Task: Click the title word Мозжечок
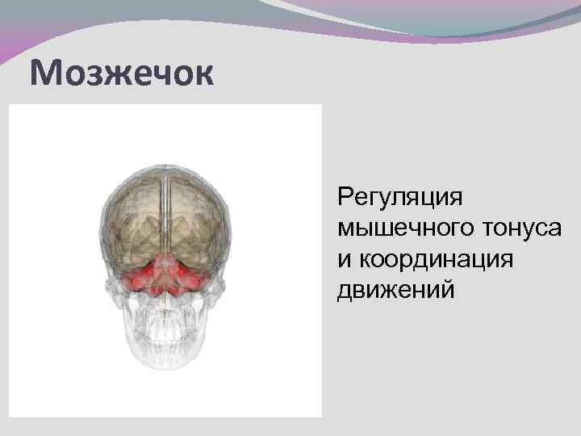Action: (x=123, y=74)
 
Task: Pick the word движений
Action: (x=396, y=289)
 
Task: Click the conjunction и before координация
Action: (x=345, y=260)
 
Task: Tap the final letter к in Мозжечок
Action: (x=204, y=74)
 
